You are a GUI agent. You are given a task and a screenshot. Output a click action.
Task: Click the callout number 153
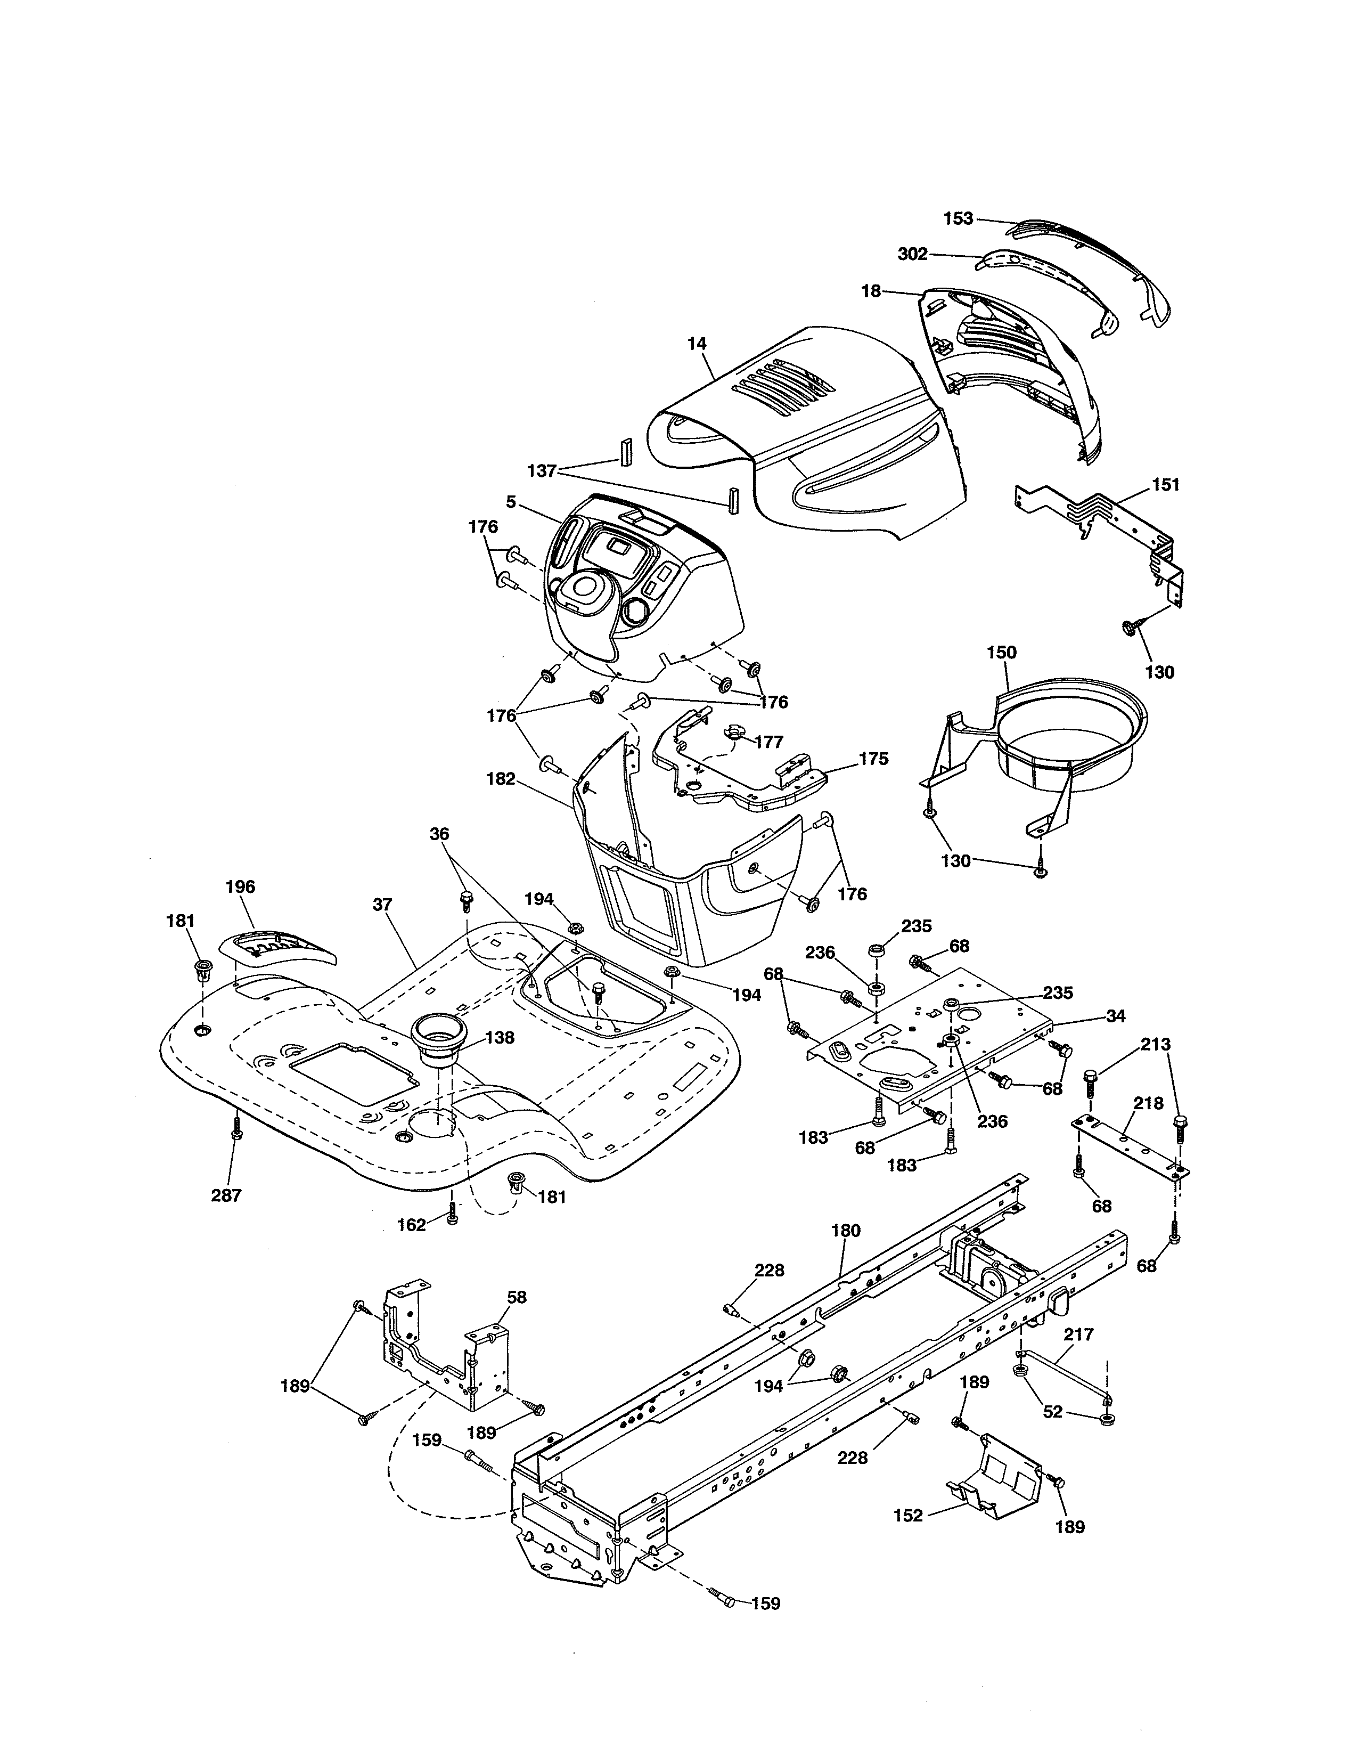point(958,218)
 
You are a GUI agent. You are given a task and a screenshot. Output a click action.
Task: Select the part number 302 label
point(912,254)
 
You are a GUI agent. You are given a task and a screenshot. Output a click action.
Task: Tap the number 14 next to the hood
point(697,344)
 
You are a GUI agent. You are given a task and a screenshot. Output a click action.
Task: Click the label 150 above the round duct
point(1002,652)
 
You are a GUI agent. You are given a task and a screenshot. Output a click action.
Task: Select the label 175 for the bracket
point(873,758)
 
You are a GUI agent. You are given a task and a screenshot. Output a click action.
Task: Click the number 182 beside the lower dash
point(501,779)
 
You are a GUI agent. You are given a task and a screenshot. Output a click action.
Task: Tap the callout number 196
point(240,886)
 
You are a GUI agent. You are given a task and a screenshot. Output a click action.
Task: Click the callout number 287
point(226,1195)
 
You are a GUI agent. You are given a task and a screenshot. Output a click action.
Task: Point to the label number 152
point(909,1516)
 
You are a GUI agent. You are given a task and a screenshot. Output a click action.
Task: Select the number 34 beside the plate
point(1115,1016)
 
